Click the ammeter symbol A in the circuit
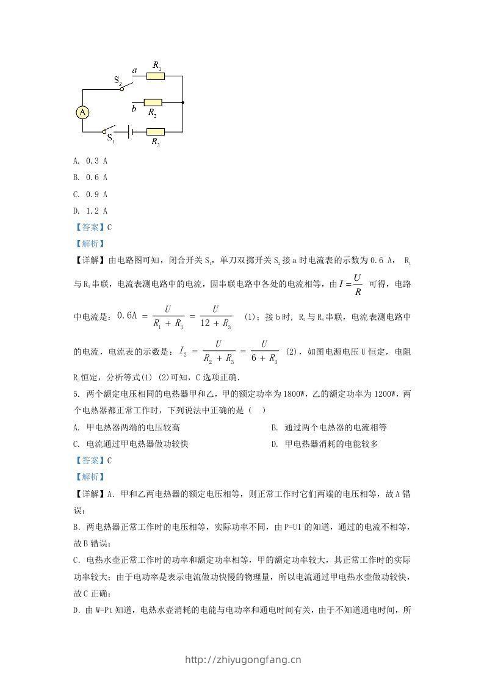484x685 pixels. (x=82, y=112)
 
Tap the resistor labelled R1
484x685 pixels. (x=156, y=76)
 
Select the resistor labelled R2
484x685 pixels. (x=153, y=103)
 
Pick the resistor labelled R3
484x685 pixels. (x=156, y=131)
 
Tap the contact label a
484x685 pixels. (x=134, y=71)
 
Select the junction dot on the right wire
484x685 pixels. (x=183, y=103)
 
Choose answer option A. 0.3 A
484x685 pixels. (x=90, y=161)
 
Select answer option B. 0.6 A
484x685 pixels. (x=90, y=178)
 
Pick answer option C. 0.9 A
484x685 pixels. (x=90, y=194)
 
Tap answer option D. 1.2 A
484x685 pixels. (x=90, y=211)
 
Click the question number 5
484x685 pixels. (x=75, y=395)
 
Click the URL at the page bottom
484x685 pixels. (x=242, y=659)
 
